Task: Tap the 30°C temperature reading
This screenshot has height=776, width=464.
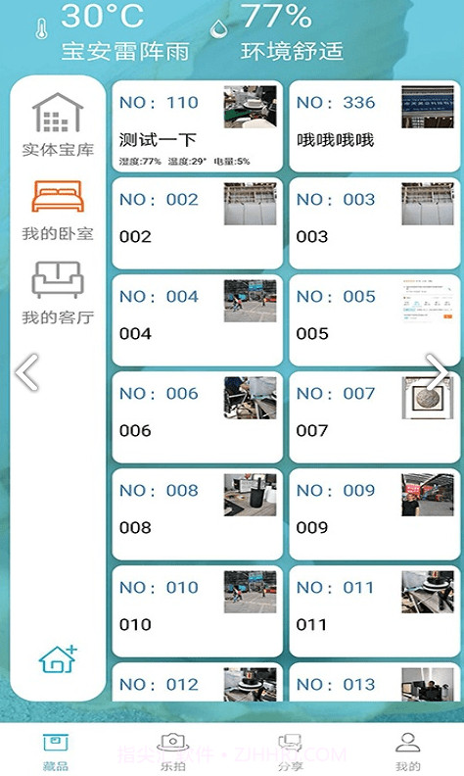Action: click(102, 17)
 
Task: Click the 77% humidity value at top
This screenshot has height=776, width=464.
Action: click(276, 17)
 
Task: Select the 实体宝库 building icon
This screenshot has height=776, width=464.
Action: click(58, 114)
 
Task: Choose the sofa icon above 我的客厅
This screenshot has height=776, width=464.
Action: click(58, 280)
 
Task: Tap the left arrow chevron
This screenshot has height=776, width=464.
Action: click(27, 372)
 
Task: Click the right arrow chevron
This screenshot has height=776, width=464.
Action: click(440, 372)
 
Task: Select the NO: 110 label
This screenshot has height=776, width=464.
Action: click(159, 102)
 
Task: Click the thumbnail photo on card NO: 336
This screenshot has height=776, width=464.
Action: click(428, 107)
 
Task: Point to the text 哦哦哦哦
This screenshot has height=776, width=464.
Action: click(335, 140)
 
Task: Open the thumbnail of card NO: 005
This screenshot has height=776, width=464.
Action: click(428, 301)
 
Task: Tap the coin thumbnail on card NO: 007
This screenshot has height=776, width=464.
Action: click(428, 398)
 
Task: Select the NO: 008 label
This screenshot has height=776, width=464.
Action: click(159, 490)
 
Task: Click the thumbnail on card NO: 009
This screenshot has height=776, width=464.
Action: click(428, 495)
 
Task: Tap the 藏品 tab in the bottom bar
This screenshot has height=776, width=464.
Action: click(56, 752)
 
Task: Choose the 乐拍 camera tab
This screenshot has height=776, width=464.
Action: click(172, 752)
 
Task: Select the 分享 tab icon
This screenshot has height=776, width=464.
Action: click(290, 752)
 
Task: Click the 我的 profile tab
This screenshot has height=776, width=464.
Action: click(407, 752)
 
